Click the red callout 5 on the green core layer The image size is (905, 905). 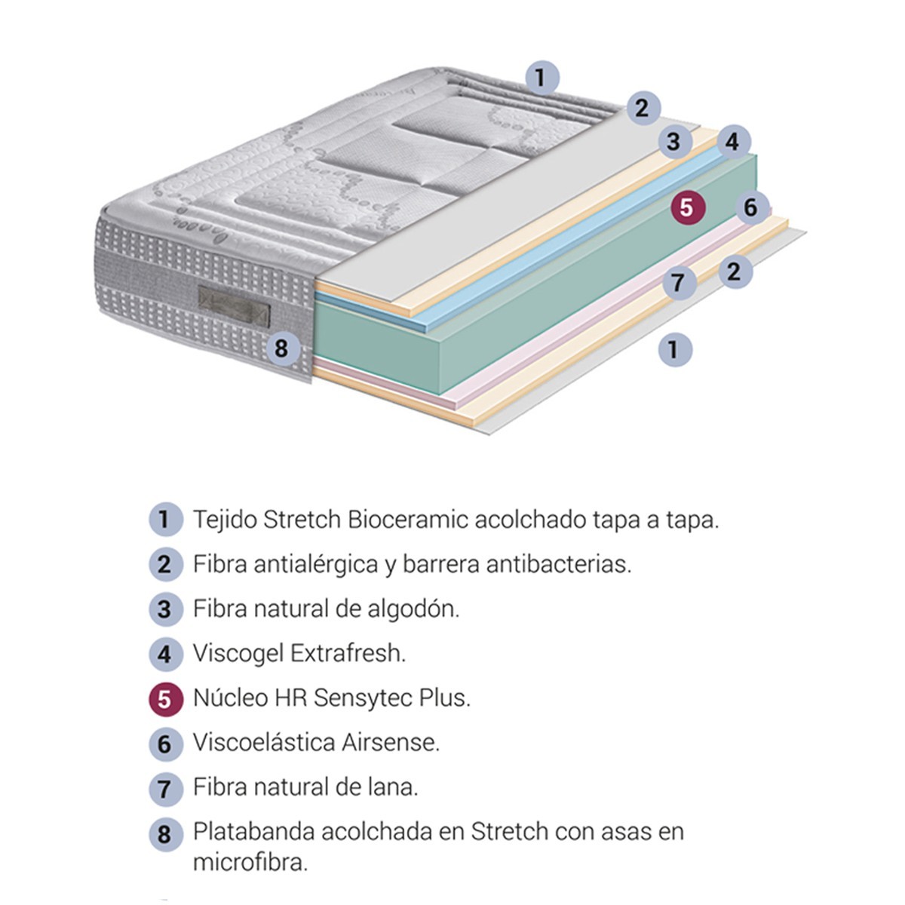686,207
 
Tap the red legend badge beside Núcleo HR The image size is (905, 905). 165,698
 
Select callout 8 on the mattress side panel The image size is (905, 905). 281,348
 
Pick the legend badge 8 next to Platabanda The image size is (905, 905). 165,835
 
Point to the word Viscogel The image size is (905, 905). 238,653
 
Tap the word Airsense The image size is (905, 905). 390,742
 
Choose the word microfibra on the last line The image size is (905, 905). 250,862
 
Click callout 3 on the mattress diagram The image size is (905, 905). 673,141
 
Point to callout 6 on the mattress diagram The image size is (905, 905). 750,207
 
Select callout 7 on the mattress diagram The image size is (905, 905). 679,283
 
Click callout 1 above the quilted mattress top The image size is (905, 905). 540,78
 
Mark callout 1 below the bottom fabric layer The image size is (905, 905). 674,349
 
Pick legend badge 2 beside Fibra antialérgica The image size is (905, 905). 165,564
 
